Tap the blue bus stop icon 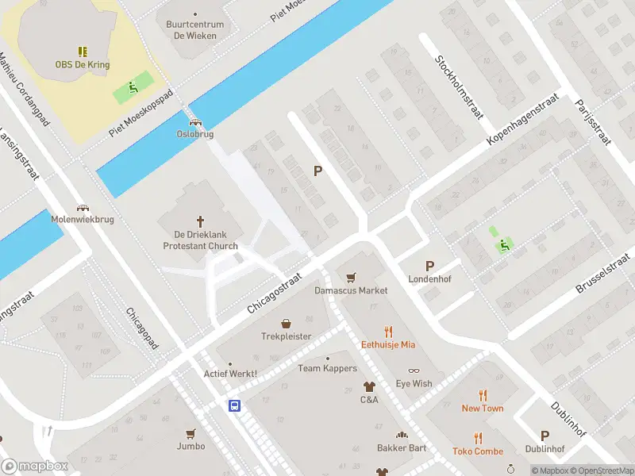click(x=235, y=405)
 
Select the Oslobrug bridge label click(x=195, y=134)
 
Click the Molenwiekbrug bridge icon click(x=83, y=207)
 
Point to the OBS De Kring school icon click(x=83, y=52)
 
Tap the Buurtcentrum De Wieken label click(x=195, y=29)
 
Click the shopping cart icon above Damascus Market click(x=351, y=277)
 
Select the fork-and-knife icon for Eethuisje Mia click(x=388, y=332)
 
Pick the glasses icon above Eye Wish click(x=414, y=370)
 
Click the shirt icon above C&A click(x=369, y=386)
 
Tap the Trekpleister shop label click(x=287, y=336)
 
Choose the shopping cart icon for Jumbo click(x=190, y=433)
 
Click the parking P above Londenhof click(x=429, y=267)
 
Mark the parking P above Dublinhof click(x=545, y=436)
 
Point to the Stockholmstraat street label click(x=458, y=87)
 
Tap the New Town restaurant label click(x=483, y=408)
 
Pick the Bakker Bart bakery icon click(x=402, y=435)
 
